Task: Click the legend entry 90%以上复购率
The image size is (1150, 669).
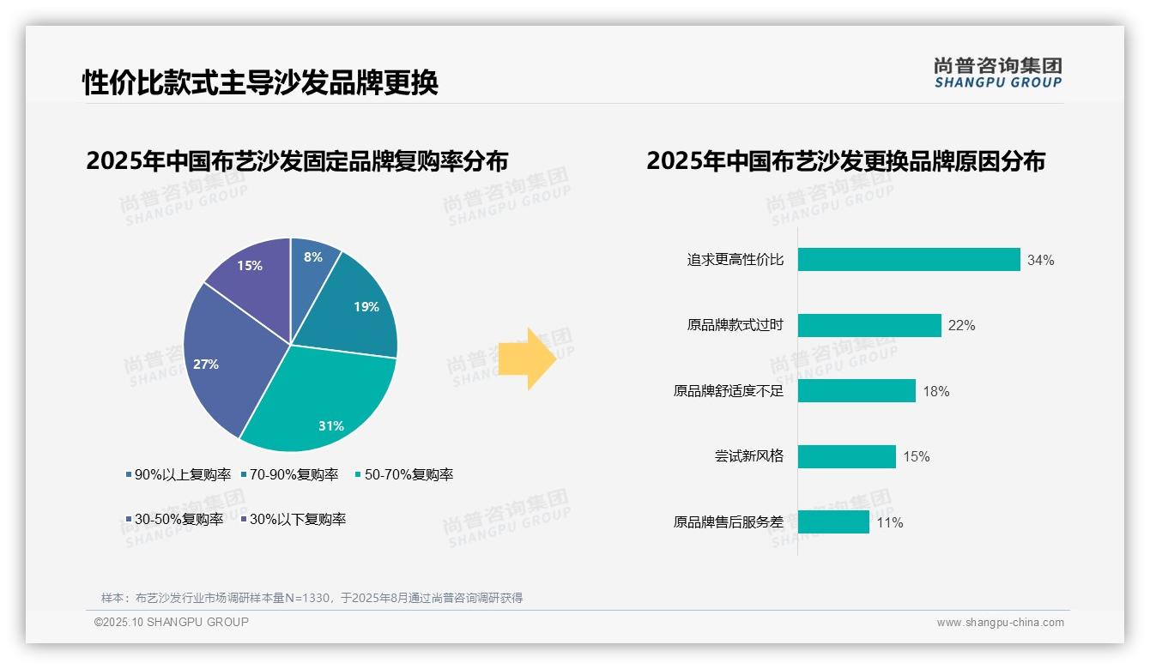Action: [178, 474]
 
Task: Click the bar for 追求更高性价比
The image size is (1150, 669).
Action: [908, 260]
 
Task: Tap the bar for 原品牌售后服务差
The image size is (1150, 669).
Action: [833, 522]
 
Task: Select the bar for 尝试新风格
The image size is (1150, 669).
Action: [846, 456]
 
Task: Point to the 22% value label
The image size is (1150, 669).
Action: [961, 326]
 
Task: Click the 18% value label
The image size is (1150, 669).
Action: [935, 391]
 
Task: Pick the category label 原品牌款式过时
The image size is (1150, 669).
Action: [735, 326]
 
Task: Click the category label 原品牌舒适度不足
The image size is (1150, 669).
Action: [728, 391]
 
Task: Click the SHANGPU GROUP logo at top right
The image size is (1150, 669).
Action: [997, 73]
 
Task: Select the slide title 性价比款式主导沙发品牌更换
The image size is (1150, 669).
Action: [260, 82]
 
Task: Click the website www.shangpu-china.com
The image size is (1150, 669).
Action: [1000, 623]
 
